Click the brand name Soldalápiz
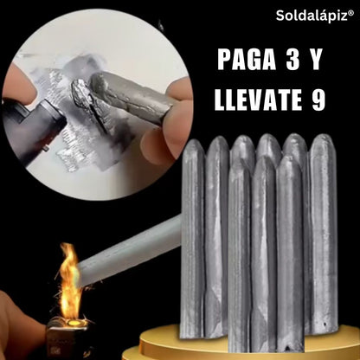312,16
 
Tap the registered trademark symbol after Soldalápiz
351,12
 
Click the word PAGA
247,60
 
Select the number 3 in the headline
292,60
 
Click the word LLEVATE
259,100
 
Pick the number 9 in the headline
318,100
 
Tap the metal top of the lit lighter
70,325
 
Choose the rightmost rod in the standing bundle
323,234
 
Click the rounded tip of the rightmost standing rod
323,141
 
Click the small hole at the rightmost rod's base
326,325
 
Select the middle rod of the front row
264,254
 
